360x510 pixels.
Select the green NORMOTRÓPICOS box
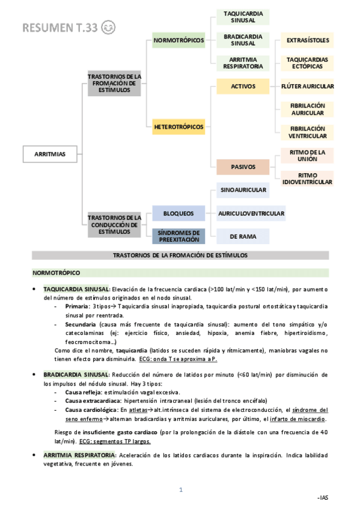pyautogui.click(x=178, y=41)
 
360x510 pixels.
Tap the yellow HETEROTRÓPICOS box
pyautogui.click(x=178, y=127)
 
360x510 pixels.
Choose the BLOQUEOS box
pyautogui.click(x=178, y=214)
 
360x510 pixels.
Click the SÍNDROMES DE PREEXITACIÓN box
pyautogui.click(x=178, y=236)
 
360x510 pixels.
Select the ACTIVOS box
pyautogui.click(x=243, y=87)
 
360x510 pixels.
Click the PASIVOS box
pyautogui.click(x=243, y=167)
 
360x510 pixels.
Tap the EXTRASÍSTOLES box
pyautogui.click(x=307, y=41)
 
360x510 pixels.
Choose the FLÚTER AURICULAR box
pyautogui.click(x=307, y=87)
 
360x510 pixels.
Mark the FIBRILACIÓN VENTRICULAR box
pyautogui.click(x=307, y=132)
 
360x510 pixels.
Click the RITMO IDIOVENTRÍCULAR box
pyautogui.click(x=307, y=178)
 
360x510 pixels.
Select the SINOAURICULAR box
pyautogui.click(x=243, y=191)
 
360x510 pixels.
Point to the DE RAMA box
pyautogui.click(x=243, y=236)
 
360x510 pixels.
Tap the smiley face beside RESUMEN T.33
pyautogui.click(x=109, y=27)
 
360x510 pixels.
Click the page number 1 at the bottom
pyautogui.click(x=180, y=490)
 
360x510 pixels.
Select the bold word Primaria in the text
pyautogui.click(x=77, y=306)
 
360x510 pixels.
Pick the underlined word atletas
pyautogui.click(x=138, y=410)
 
